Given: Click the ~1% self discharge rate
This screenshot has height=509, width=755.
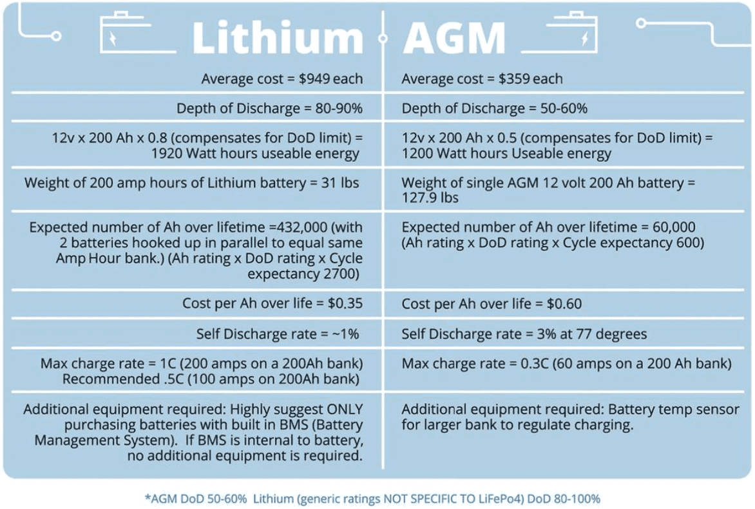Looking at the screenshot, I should coord(345,334).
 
